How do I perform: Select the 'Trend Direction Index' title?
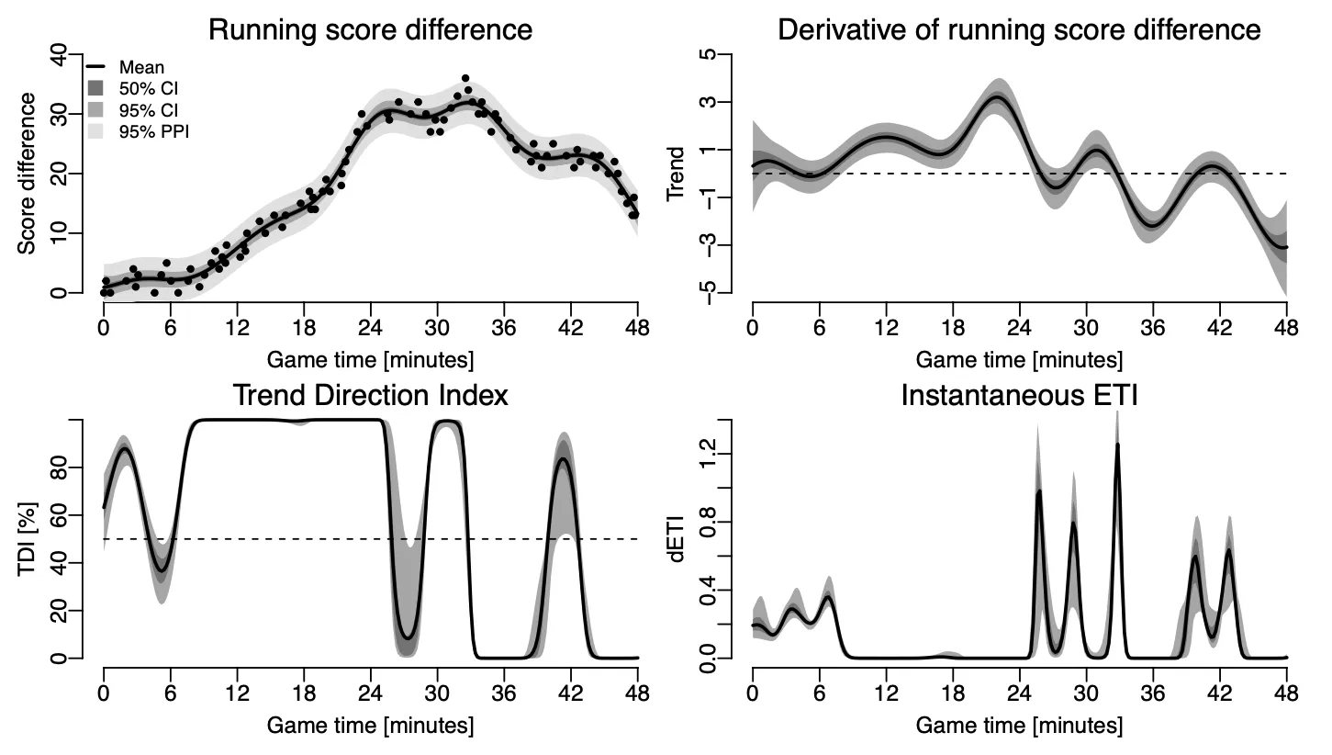click(370, 395)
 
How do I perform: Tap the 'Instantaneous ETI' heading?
click(1019, 395)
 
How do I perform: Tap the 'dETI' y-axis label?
click(676, 540)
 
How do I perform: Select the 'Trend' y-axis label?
click(676, 174)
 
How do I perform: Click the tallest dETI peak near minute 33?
click(1117, 445)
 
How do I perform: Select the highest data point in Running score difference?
click(465, 79)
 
